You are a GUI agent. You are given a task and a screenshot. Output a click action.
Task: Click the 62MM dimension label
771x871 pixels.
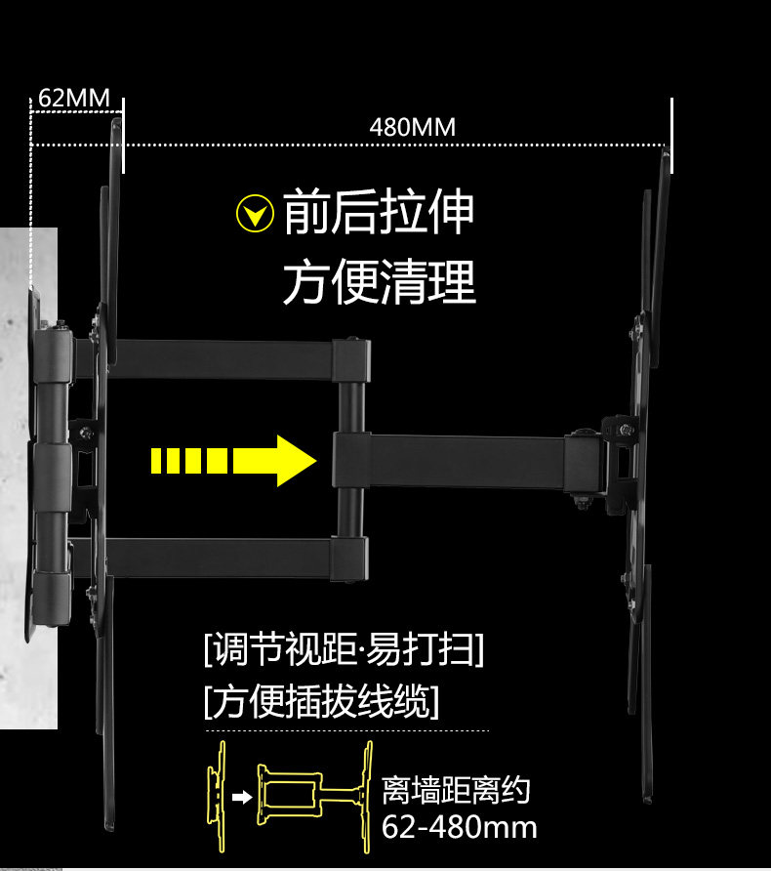(74, 99)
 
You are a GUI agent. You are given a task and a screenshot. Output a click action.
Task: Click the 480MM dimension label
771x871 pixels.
(412, 128)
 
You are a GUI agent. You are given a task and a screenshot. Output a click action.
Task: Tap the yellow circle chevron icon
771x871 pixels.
(256, 214)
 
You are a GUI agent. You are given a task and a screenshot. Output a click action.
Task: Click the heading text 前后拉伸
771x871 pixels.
(379, 214)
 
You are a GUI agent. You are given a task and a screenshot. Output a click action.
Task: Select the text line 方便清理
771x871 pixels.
(379, 282)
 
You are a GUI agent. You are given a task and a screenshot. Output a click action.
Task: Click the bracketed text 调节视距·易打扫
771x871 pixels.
(344, 649)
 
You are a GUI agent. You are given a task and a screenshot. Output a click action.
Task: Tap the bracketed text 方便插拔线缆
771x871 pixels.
(321, 702)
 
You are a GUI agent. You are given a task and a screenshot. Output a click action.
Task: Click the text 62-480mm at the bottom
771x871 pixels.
(459, 827)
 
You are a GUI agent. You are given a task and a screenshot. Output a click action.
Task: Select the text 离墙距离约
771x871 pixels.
(456, 790)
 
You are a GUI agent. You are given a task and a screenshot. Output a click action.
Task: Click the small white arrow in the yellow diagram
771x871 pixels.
(240, 797)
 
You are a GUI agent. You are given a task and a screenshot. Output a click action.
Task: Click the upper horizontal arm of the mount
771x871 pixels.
(224, 357)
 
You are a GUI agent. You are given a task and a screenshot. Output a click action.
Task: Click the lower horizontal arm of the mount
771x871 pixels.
(224, 557)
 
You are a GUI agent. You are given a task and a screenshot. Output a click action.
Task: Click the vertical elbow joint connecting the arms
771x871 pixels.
(350, 459)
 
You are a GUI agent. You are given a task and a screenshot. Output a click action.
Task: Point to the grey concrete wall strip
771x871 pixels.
(27, 478)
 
